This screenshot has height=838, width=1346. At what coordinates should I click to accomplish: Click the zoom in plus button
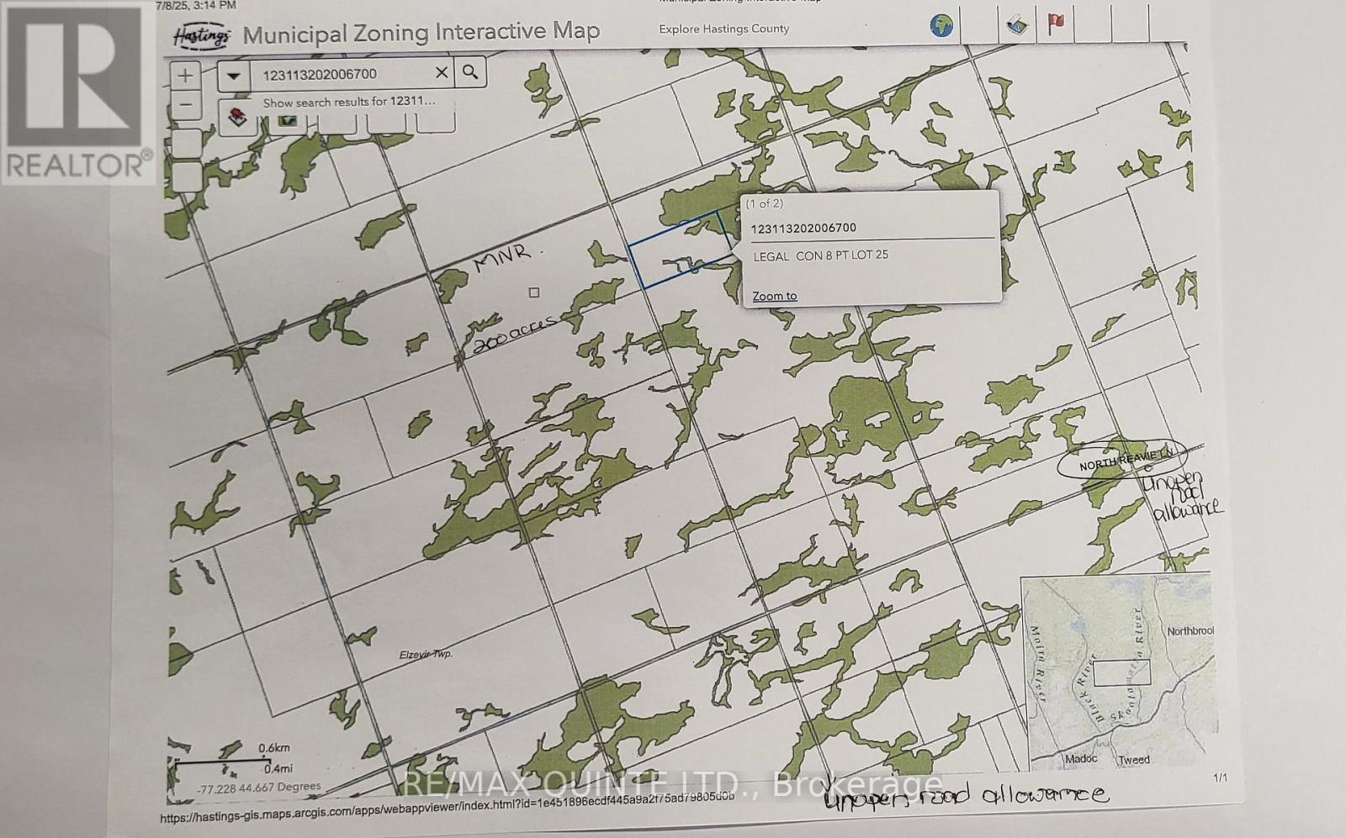[185, 76]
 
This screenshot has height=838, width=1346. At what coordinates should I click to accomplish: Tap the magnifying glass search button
[470, 72]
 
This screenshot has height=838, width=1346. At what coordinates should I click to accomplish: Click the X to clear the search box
[441, 73]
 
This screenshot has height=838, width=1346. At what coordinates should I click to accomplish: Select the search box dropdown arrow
[234, 76]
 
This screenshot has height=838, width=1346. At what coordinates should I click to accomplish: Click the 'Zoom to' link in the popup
[774, 296]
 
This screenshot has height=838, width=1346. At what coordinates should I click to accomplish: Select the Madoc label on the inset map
[1081, 759]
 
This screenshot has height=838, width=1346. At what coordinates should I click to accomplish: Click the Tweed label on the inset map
[1134, 760]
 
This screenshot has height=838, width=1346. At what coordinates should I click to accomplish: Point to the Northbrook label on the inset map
[1190, 630]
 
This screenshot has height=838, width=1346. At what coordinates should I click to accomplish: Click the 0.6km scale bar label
[273, 748]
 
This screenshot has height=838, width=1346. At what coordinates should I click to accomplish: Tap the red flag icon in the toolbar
[1056, 24]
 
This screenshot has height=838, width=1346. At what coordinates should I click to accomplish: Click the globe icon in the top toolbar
[941, 25]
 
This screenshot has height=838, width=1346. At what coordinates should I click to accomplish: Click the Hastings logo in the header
[202, 36]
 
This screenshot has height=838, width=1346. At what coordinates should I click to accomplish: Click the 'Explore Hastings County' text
[723, 29]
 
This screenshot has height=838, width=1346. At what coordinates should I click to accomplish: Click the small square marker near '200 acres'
[533, 293]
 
